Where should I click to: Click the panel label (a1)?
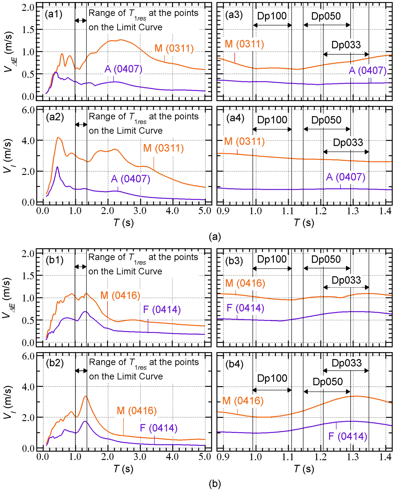(x=54, y=14)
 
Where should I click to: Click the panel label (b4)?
(x=234, y=364)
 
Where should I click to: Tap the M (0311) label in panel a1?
(x=174, y=48)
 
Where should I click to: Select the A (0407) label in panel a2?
(x=130, y=179)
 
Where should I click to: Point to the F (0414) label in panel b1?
(x=162, y=309)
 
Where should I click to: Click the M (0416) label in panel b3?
(x=245, y=283)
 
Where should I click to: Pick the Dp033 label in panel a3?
(x=346, y=45)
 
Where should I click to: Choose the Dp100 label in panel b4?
(x=272, y=378)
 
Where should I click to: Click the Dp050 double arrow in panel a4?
(x=326, y=129)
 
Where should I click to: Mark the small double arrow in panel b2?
(x=81, y=371)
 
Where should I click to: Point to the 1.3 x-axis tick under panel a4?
(x=353, y=211)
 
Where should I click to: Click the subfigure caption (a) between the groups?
(x=215, y=237)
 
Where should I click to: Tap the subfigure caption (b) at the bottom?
(x=215, y=484)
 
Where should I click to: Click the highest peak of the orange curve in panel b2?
(x=85, y=396)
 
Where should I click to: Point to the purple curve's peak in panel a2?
(x=58, y=167)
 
